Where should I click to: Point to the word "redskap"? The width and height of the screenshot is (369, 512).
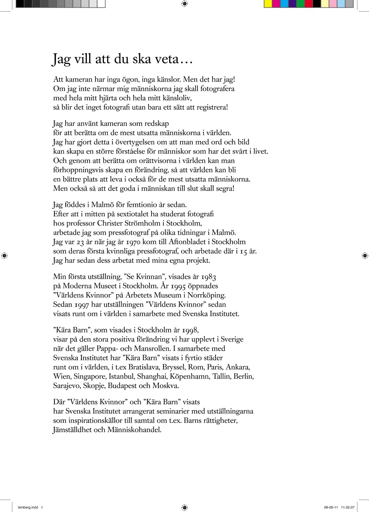point(156,124)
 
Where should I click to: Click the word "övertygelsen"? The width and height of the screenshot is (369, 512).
point(135,142)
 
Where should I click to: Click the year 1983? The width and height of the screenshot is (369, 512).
point(208,277)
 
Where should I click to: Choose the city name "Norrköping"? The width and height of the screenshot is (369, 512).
point(206,295)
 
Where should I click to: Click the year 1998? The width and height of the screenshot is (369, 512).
point(190,330)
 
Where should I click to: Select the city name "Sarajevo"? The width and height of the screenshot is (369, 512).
point(67,386)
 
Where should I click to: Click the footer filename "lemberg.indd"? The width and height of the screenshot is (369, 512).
point(28,507)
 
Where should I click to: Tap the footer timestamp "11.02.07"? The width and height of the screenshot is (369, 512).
point(347,507)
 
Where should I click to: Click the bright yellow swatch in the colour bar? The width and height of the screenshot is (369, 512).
point(268,4)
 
